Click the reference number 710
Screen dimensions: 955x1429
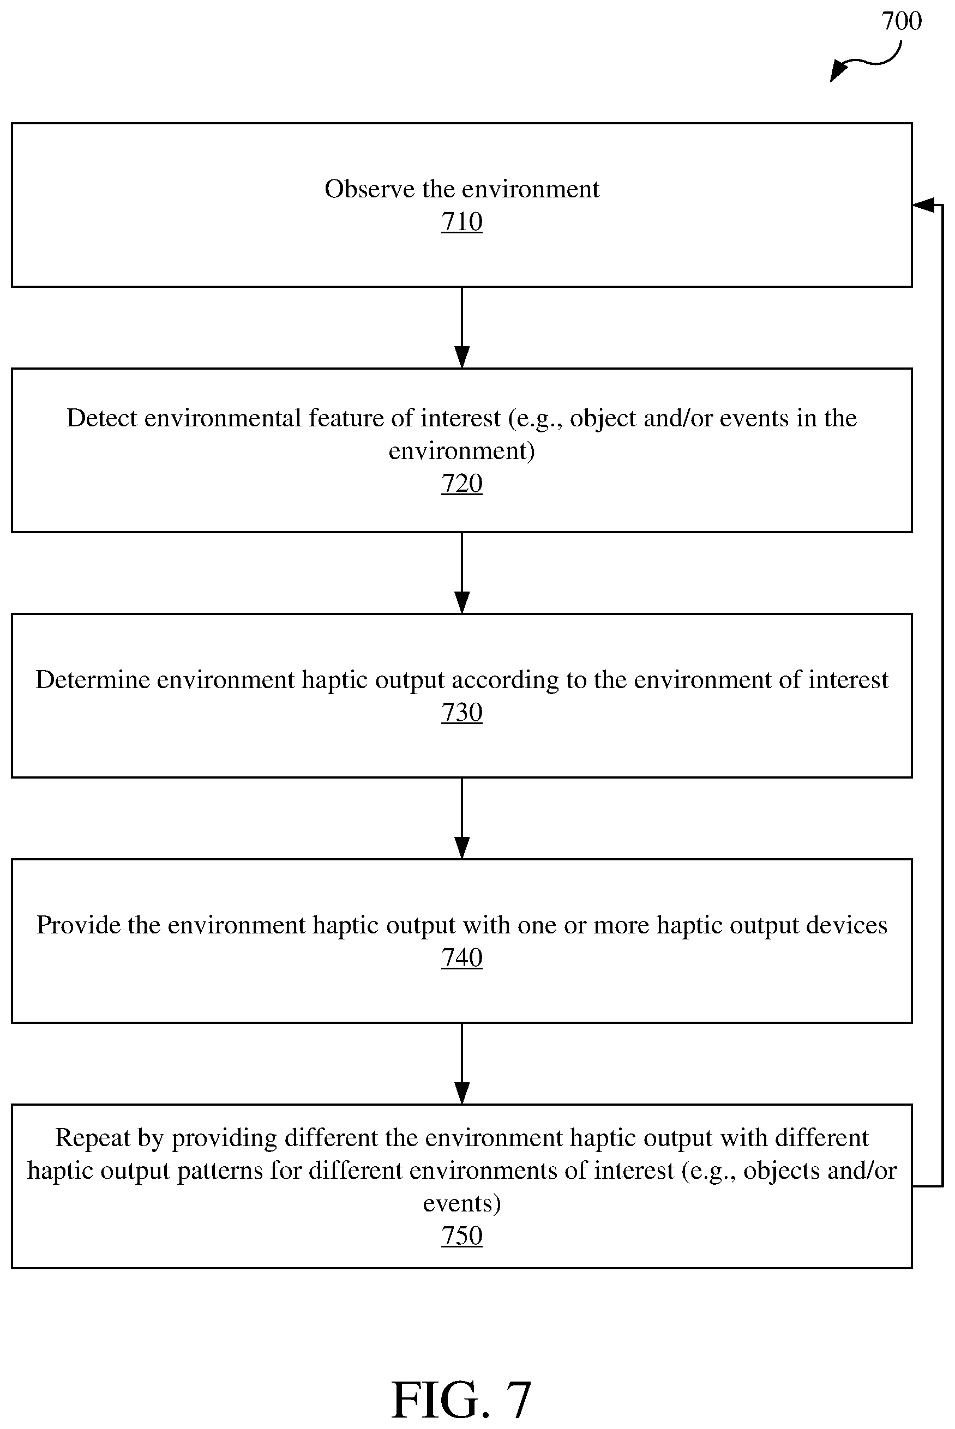[x=461, y=221]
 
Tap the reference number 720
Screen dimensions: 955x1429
[x=461, y=484]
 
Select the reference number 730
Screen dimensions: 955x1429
[x=461, y=713]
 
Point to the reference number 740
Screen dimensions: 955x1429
[x=461, y=958]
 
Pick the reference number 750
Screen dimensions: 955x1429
[x=461, y=1236]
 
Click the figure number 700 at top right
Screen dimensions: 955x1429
[x=902, y=21]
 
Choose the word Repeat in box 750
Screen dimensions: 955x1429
[x=93, y=1138]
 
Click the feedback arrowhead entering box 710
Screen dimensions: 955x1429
[x=923, y=205]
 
